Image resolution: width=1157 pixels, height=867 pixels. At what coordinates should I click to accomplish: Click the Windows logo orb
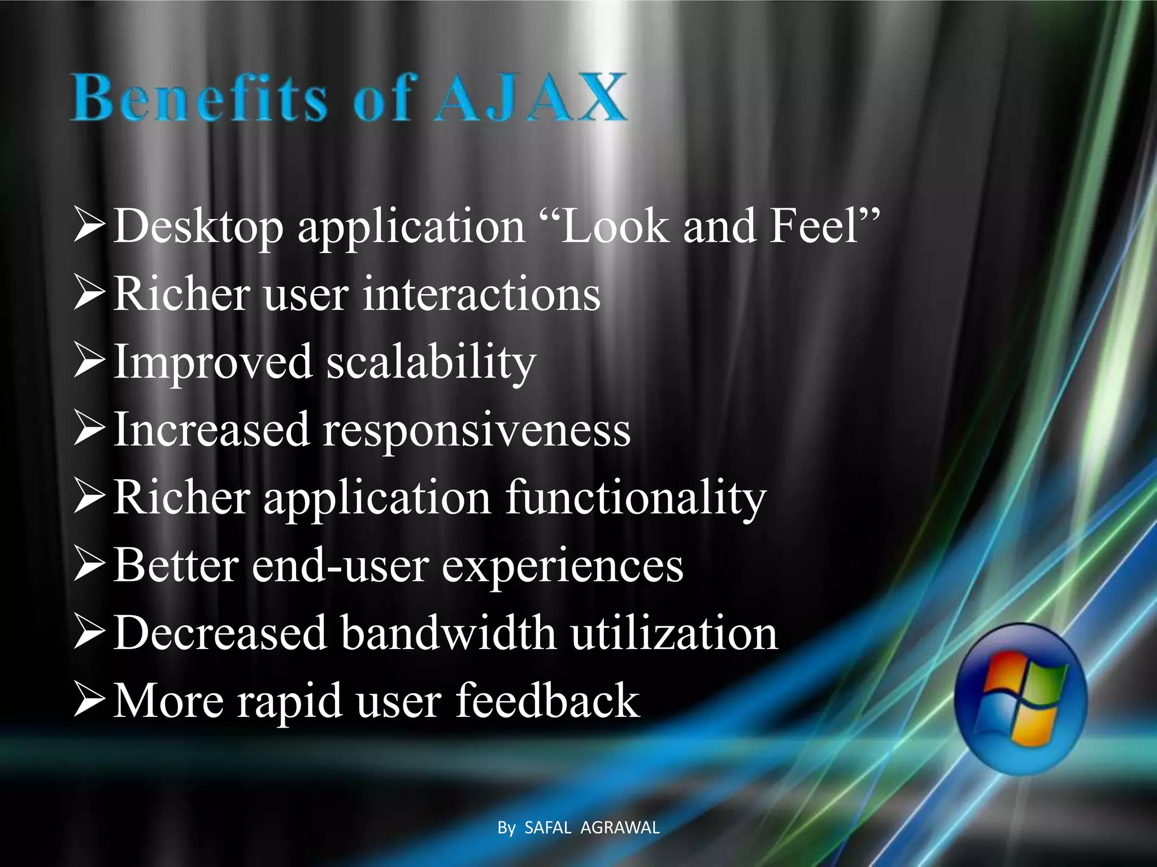pos(1020,699)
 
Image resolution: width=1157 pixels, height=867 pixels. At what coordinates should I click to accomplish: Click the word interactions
pos(481,294)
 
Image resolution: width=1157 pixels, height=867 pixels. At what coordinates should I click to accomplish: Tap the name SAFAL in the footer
pos(547,827)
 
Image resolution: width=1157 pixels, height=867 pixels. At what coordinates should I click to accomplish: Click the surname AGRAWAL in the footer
pos(620,827)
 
